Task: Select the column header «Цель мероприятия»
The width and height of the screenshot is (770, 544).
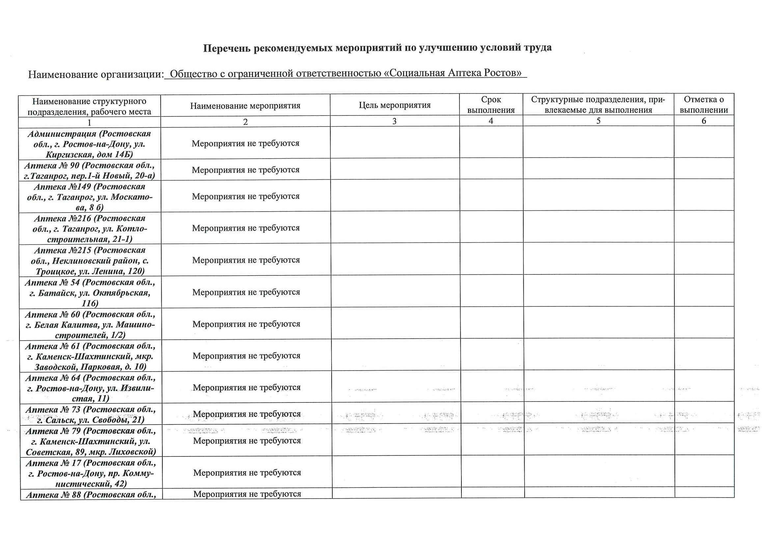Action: click(x=395, y=105)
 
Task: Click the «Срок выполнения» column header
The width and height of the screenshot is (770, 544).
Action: click(x=491, y=105)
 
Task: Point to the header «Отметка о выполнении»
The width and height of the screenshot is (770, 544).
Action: click(x=703, y=105)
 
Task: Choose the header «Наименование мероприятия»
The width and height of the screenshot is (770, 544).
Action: click(x=245, y=106)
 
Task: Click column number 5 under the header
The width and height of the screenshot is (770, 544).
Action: click(x=598, y=121)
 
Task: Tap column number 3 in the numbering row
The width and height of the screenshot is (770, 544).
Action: click(x=395, y=121)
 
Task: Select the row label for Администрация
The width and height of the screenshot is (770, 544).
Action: click(x=89, y=144)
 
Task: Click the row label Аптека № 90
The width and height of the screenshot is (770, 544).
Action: click(x=90, y=170)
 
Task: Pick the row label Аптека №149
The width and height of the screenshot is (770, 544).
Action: click(x=90, y=197)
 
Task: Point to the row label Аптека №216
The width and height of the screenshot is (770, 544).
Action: click(x=90, y=229)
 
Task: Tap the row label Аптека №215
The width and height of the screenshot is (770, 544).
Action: click(x=90, y=260)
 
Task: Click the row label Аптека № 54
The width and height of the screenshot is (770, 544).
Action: click(x=90, y=293)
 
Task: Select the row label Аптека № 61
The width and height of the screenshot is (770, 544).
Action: click(x=90, y=356)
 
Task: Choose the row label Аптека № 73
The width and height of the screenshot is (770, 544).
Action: click(x=91, y=415)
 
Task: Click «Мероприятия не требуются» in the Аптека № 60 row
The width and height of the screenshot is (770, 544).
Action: click(x=246, y=324)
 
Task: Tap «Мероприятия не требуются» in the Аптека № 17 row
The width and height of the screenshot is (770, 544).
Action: click(x=247, y=473)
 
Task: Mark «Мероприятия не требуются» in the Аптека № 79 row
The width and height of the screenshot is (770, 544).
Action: click(x=247, y=441)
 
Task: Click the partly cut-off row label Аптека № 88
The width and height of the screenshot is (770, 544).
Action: click(x=91, y=495)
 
